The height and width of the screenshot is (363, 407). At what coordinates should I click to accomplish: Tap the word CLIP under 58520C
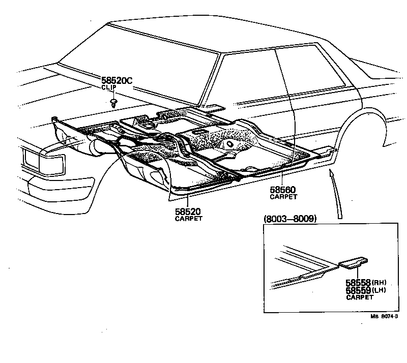point(109,87)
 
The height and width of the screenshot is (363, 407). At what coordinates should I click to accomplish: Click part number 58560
point(283,190)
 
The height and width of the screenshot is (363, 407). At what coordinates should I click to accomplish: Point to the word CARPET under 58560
point(283,197)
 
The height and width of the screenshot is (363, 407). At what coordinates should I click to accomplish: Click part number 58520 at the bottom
point(188,211)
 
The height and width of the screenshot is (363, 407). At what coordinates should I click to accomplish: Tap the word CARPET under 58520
point(188,219)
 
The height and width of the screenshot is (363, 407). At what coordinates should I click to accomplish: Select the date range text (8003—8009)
point(290,219)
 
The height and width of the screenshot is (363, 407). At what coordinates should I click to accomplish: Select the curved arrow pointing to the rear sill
point(335,193)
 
